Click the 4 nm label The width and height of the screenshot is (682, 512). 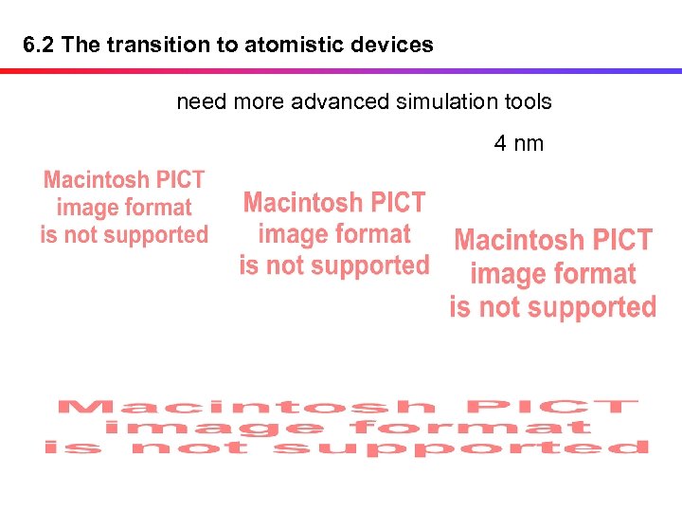(x=518, y=143)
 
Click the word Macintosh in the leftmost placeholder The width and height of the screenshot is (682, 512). (x=97, y=179)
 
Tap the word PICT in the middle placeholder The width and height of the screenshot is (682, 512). (x=398, y=203)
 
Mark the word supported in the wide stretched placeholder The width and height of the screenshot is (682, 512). (x=462, y=448)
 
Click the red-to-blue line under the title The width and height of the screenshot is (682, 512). (x=341, y=70)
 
